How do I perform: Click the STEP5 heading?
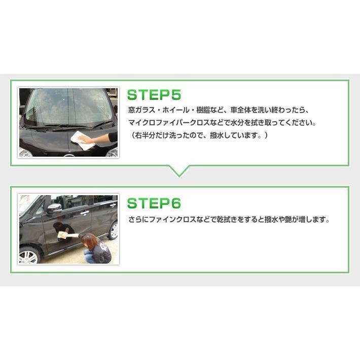tap(154, 95)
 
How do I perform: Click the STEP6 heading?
tap(154, 203)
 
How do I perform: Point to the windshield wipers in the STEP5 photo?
tap(76, 125)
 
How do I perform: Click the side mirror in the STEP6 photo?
tap(54, 207)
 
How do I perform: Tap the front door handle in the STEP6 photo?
tap(85, 212)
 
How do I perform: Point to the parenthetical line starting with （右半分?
tap(198, 136)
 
